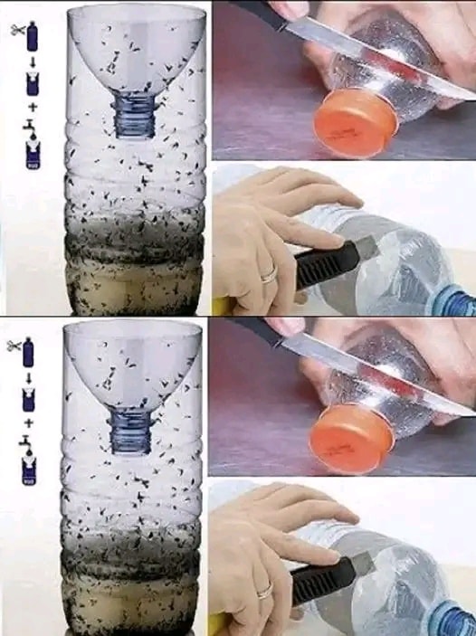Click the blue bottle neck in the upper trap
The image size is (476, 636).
coord(134,118)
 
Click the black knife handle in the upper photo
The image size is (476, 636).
coord(257,12)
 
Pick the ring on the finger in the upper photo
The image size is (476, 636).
coord(269,273)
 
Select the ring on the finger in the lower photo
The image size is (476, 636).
coord(264,591)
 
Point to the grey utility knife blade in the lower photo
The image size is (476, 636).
coord(362,562)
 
